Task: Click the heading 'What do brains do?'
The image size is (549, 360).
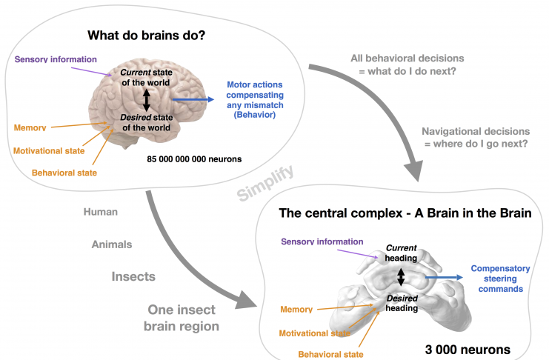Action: point(147,36)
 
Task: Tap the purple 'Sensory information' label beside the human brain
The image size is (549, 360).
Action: point(56,59)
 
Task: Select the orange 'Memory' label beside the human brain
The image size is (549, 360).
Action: point(30,128)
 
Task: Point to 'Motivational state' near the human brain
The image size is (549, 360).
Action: point(49,151)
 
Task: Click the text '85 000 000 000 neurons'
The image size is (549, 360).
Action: point(194,159)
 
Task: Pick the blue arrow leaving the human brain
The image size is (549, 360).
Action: point(193,99)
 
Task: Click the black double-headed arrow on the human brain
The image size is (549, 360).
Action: point(147,100)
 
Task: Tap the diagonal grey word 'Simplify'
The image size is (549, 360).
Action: point(265,183)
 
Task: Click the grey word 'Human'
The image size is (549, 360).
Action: point(101,212)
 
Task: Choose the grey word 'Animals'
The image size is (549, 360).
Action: point(112,244)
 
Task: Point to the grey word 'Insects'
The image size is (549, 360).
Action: point(133,276)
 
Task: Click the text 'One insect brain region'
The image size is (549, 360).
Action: point(182,318)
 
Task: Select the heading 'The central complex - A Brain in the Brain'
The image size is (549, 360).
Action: point(405,213)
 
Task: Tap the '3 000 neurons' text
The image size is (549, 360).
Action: point(468,350)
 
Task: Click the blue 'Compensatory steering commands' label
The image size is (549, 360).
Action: point(500,279)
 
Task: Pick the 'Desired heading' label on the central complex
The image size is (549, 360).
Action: point(402,303)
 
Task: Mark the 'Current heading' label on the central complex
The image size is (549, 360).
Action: point(402,253)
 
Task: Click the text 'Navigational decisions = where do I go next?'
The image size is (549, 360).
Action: point(476,138)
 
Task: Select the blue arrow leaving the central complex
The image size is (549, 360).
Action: point(444,277)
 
